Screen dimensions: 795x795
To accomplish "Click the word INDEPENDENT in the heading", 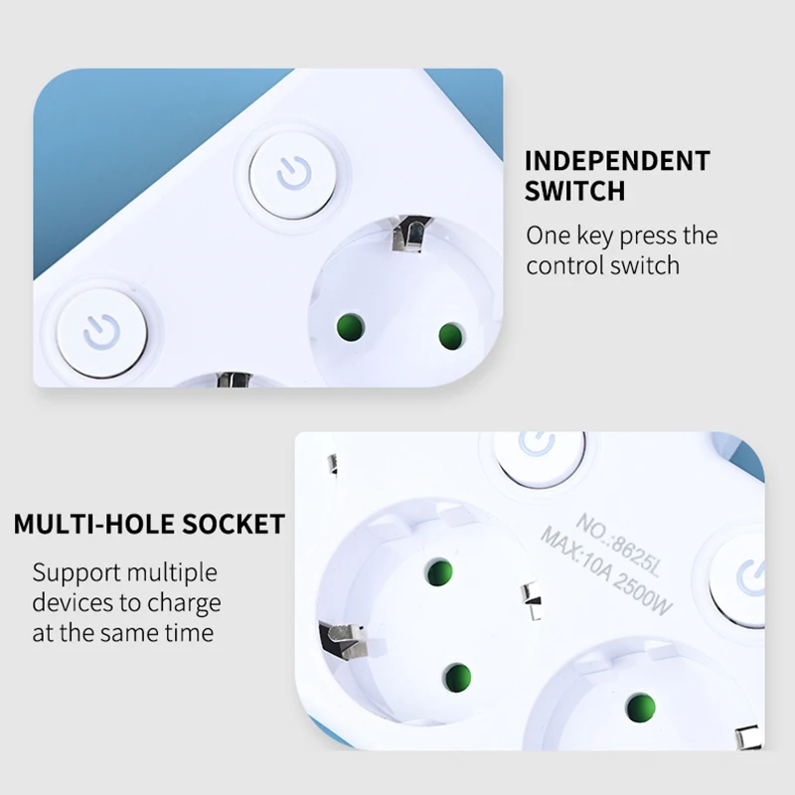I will point(617,161).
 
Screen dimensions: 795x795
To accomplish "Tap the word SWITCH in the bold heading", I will point(575,191).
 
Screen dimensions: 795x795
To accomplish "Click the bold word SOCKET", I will point(230,524).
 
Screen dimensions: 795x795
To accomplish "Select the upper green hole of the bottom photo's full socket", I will point(438,571).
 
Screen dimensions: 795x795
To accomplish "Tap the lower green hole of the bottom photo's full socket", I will point(456,678).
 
